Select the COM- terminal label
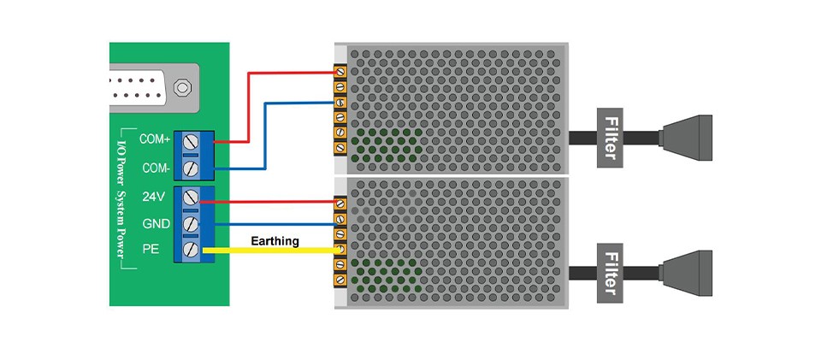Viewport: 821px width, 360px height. (155, 168)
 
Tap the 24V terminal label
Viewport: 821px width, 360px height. (154, 197)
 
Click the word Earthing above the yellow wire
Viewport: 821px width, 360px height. (275, 241)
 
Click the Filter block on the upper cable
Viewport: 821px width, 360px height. (610, 137)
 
